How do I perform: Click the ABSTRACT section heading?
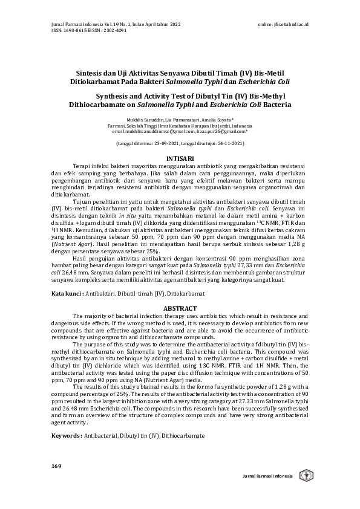(x=180, y=308)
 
